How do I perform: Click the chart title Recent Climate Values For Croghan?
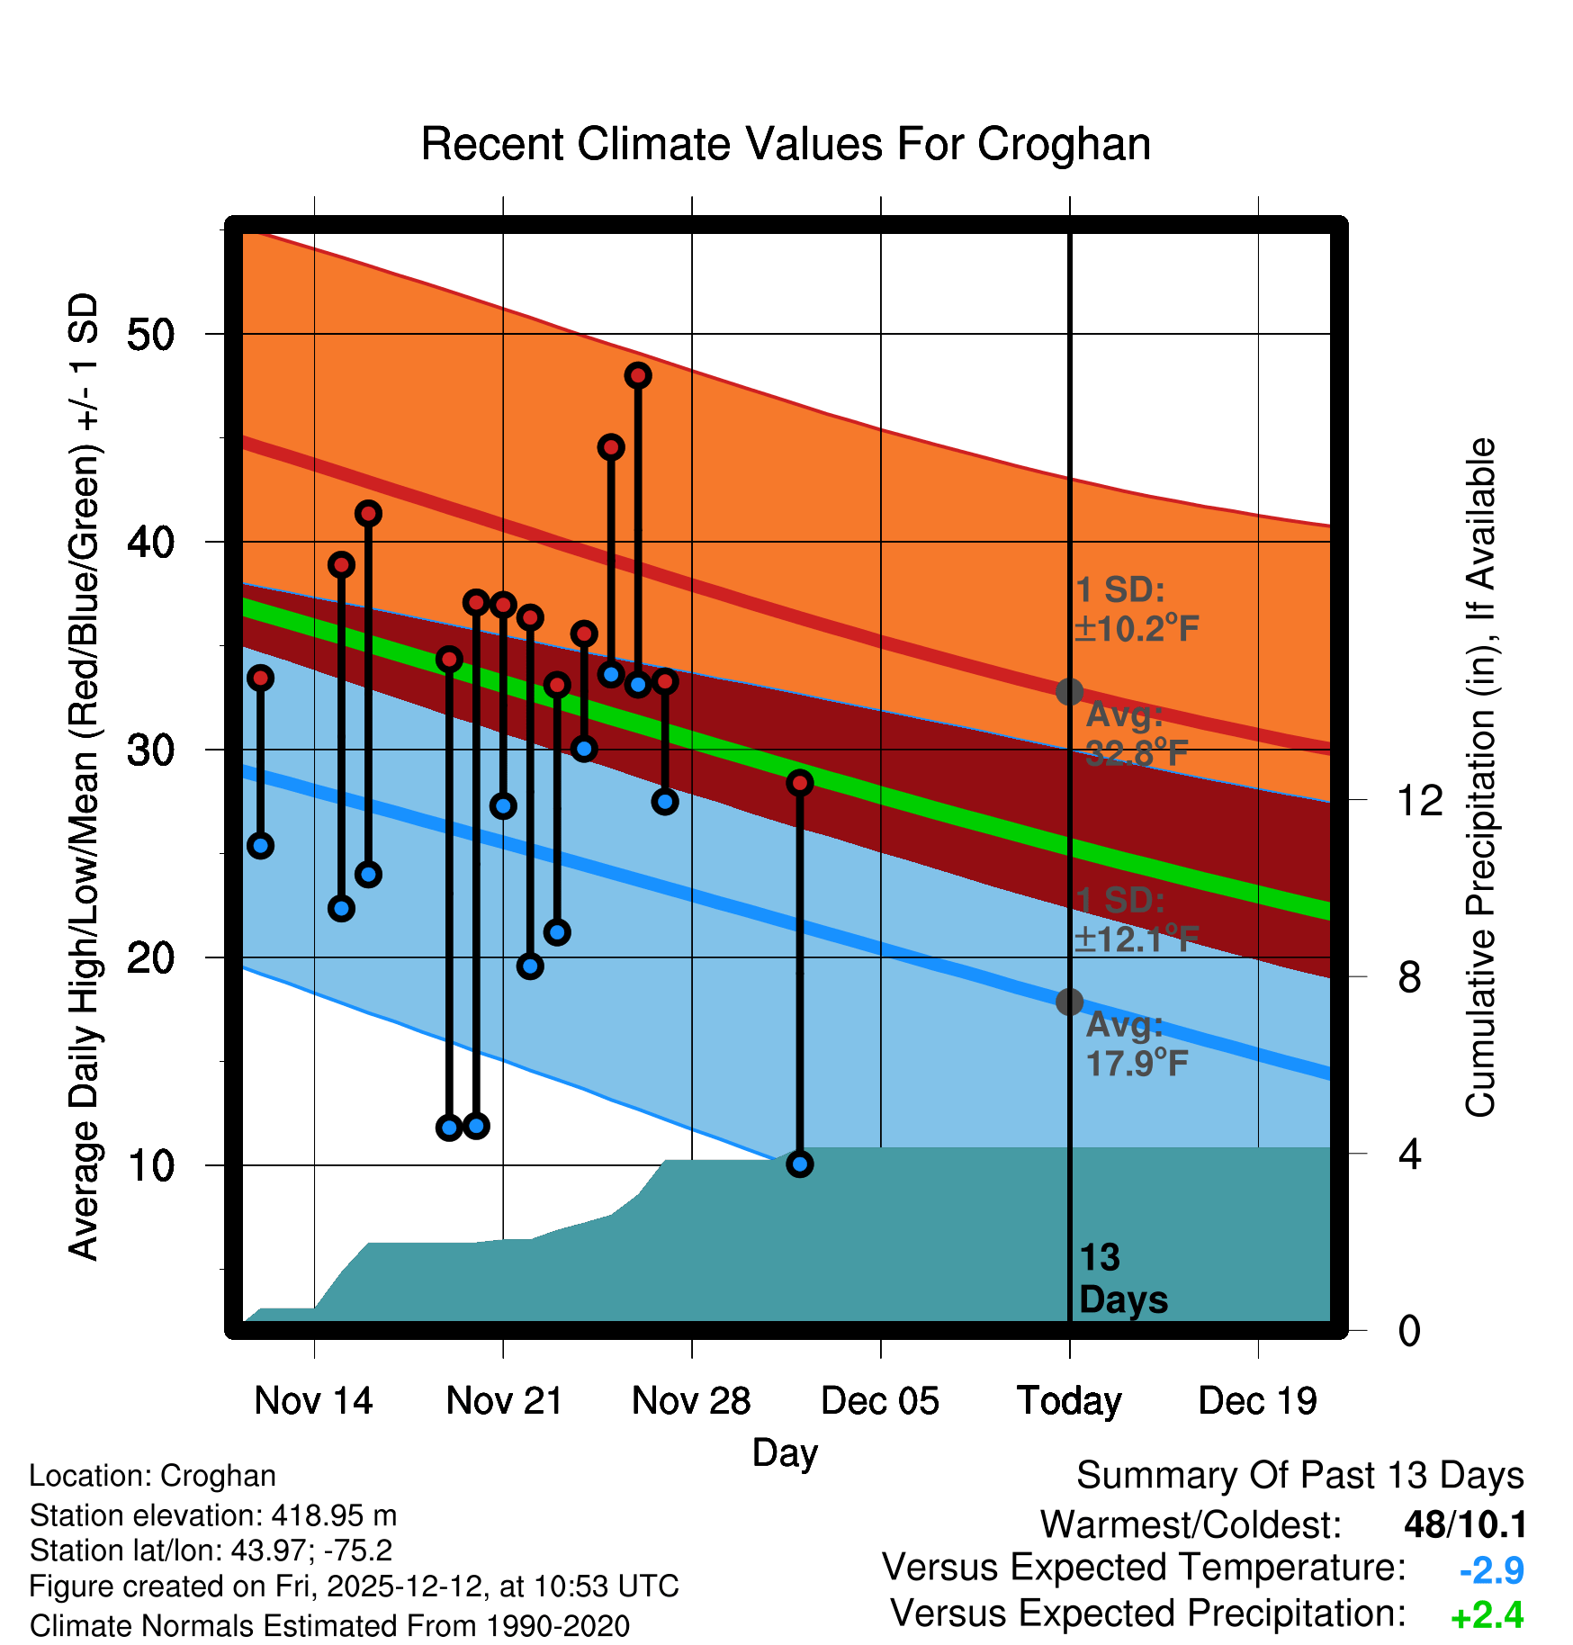[786, 144]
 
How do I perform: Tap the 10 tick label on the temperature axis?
[151, 1165]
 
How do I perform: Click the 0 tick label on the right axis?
[1409, 1330]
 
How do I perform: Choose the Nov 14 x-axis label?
[313, 1400]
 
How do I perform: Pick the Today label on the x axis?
[1069, 1401]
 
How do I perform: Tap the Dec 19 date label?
[1258, 1400]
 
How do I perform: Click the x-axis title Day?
[786, 1453]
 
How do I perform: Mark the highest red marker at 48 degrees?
[638, 375]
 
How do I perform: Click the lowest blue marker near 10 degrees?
[800, 1164]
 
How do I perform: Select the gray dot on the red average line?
[1069, 691]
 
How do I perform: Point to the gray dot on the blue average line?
[1069, 1002]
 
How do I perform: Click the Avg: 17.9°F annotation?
[1137, 1044]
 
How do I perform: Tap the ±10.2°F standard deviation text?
[1137, 627]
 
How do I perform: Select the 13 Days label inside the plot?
[1123, 1279]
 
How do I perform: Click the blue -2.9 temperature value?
[1491, 1570]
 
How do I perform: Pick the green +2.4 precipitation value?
[1488, 1615]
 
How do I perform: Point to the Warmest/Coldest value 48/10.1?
[1465, 1524]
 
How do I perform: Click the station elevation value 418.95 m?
[334, 1515]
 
